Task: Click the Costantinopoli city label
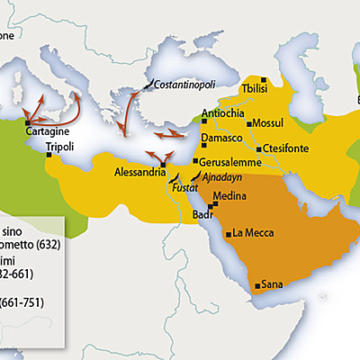pyautogui.click(x=185, y=84)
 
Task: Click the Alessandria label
pyautogui.click(x=140, y=171)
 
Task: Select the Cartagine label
pyautogui.click(x=49, y=131)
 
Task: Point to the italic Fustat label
pyautogui.click(x=184, y=190)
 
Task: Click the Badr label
pyautogui.click(x=203, y=215)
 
